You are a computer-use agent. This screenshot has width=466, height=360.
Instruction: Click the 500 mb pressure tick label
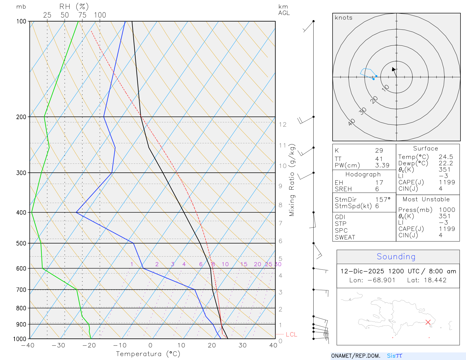point(21,243)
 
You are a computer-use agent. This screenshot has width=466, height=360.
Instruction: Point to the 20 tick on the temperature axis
point(212,345)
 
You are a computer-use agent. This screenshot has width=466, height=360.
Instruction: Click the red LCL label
point(291,334)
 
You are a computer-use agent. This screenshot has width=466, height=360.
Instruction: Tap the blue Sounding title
point(396,257)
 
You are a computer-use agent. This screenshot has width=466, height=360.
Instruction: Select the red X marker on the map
point(428,322)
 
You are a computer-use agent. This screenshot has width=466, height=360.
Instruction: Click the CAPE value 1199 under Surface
point(447,182)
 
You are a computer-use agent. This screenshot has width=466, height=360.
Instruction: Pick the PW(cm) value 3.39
point(382,165)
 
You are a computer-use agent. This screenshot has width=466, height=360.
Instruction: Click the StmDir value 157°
point(383,200)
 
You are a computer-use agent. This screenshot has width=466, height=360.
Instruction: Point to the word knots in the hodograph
point(344,18)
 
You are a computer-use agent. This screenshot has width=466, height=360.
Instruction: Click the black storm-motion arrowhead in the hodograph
point(393,69)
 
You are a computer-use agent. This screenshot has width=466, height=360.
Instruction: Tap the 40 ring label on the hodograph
point(352,122)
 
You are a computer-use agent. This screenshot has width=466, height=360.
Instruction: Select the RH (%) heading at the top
point(74,6)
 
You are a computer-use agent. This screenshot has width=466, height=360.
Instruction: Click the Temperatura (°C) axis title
point(148,354)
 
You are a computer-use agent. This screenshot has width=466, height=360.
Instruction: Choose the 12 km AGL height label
point(283,125)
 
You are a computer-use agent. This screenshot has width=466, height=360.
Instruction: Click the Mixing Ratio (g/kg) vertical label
point(292,180)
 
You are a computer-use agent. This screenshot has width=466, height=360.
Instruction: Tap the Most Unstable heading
point(426,200)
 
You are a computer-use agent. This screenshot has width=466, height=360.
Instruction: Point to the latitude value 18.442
point(435,280)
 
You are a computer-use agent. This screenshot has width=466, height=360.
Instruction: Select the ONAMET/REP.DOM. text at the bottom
point(356,356)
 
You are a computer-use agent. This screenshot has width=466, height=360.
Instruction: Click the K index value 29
point(379,151)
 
